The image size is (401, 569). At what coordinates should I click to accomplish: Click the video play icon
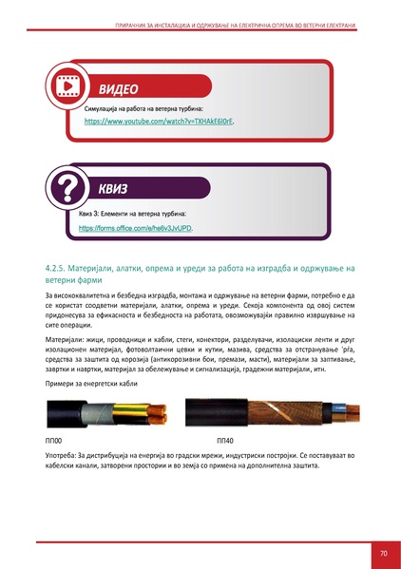pos(67,85)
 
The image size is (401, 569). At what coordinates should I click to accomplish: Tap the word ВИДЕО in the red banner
pos(119,90)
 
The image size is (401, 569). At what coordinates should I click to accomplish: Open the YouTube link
pos(159,123)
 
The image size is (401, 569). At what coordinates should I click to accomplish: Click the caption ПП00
pos(54,442)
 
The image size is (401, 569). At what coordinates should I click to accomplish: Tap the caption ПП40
pos(225,442)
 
